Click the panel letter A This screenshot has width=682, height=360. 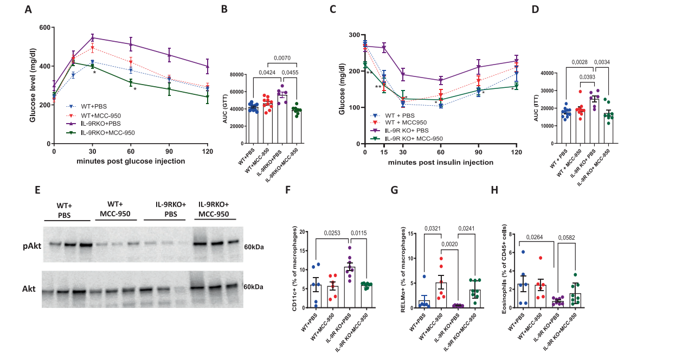pyautogui.click(x=28, y=10)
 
